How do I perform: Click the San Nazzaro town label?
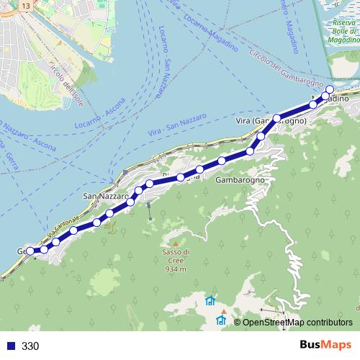(105, 196)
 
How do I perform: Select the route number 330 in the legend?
(30, 346)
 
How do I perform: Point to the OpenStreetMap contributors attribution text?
(297, 323)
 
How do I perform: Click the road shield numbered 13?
(26, 6)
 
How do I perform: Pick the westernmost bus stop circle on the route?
(30, 251)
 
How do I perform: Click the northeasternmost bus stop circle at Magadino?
(330, 90)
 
